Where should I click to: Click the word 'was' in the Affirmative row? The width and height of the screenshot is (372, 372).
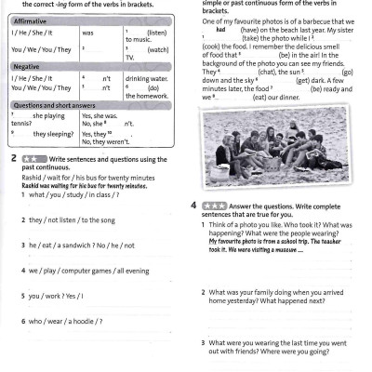[x=88, y=32]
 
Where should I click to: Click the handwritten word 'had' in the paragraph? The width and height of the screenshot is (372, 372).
[x=220, y=29]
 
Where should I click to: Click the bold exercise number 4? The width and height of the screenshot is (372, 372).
[x=193, y=205]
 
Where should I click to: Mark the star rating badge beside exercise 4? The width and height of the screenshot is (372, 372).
[x=210, y=205]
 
